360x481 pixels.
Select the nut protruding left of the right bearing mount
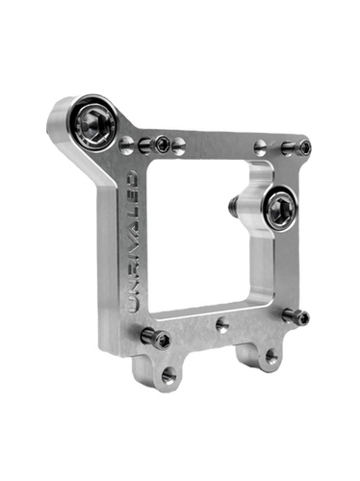click(x=231, y=205)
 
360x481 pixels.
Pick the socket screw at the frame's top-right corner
click(x=306, y=147)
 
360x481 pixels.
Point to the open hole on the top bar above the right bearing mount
click(x=260, y=147)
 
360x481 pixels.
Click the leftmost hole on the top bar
click(x=127, y=145)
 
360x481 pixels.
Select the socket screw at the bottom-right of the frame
click(x=302, y=316)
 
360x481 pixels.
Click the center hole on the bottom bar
click(x=222, y=326)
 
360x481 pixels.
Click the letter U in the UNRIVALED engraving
click(x=132, y=304)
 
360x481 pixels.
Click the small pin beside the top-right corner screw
click(x=288, y=147)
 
